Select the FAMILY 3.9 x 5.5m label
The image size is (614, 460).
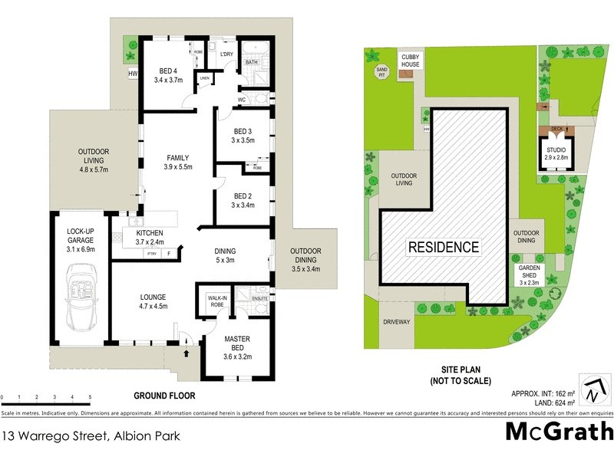(x=177, y=162)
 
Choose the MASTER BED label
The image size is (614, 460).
(x=237, y=342)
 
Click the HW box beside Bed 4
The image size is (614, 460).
(x=132, y=74)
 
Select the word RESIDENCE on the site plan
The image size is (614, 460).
(x=443, y=247)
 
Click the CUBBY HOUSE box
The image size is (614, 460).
(x=408, y=60)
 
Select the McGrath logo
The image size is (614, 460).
(x=559, y=431)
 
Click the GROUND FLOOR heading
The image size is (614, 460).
(x=164, y=396)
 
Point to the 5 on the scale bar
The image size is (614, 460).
(x=91, y=397)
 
